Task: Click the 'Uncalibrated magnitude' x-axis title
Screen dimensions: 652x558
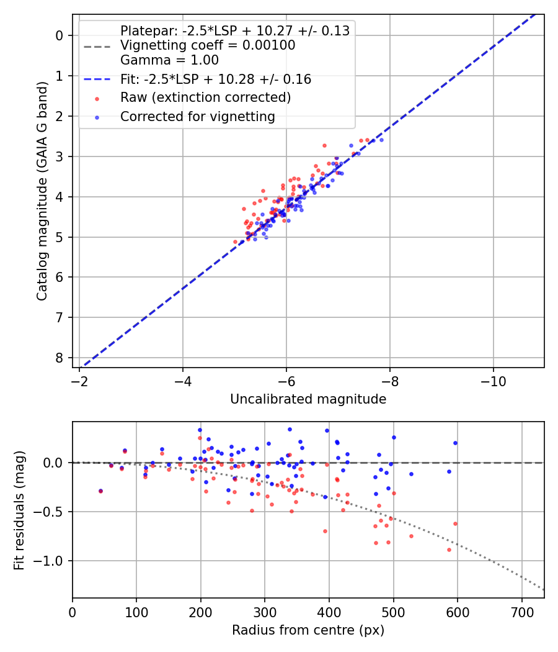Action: click(308, 399)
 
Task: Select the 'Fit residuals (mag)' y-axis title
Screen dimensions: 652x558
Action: click(19, 510)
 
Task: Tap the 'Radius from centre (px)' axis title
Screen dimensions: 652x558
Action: click(308, 630)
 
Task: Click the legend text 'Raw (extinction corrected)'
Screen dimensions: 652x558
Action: click(205, 97)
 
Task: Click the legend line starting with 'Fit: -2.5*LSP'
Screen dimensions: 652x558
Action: click(215, 79)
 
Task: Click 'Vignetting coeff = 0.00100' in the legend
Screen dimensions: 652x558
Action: click(208, 45)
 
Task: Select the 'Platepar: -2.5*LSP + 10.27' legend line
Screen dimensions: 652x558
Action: click(234, 30)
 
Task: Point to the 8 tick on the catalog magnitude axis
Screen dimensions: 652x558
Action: click(60, 358)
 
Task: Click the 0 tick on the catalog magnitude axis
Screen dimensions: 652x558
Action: click(60, 35)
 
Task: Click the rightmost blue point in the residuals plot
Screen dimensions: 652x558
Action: click(455, 443)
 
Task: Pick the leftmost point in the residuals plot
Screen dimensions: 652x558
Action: click(100, 491)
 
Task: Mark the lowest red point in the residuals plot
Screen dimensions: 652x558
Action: click(449, 550)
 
